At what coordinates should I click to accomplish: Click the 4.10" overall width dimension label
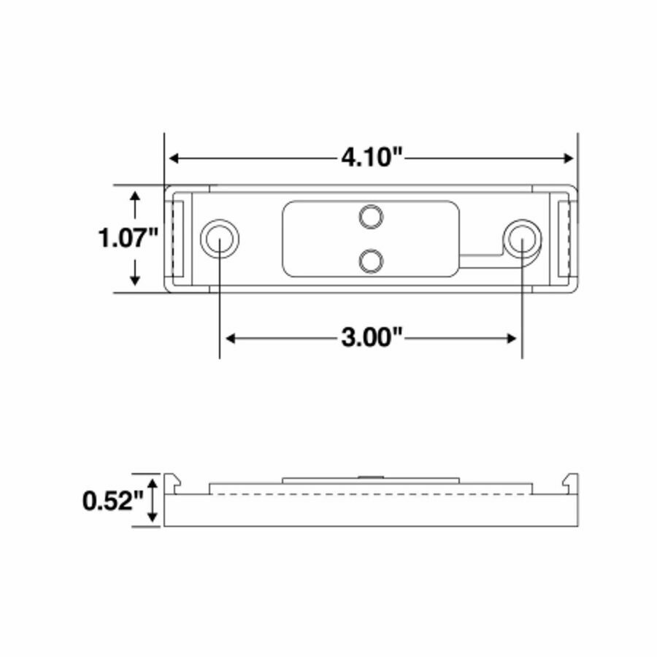[x=372, y=158]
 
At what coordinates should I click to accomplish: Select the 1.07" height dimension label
[x=129, y=238]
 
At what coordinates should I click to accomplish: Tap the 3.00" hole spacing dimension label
[x=372, y=338]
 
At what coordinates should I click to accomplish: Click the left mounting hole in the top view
[x=219, y=238]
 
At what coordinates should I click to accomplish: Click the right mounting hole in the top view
[x=522, y=238]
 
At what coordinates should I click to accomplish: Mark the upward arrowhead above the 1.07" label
[x=134, y=197]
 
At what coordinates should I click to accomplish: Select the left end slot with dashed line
[x=176, y=239]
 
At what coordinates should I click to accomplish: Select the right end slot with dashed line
[x=564, y=239]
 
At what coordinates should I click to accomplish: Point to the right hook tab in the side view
[x=569, y=483]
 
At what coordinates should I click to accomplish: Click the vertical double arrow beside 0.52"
[x=152, y=501]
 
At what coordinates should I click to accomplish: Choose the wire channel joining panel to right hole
[x=482, y=258]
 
